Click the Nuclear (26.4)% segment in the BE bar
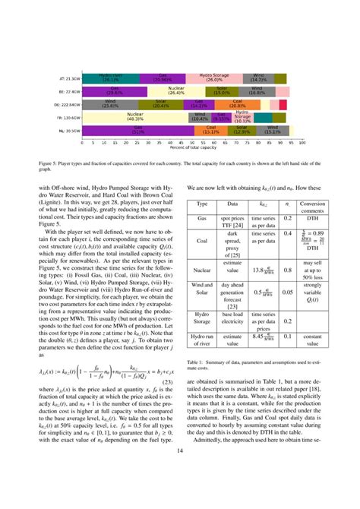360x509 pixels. [x=176, y=90]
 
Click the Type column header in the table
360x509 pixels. [x=202, y=205]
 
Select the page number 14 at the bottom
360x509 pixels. [x=180, y=473]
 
